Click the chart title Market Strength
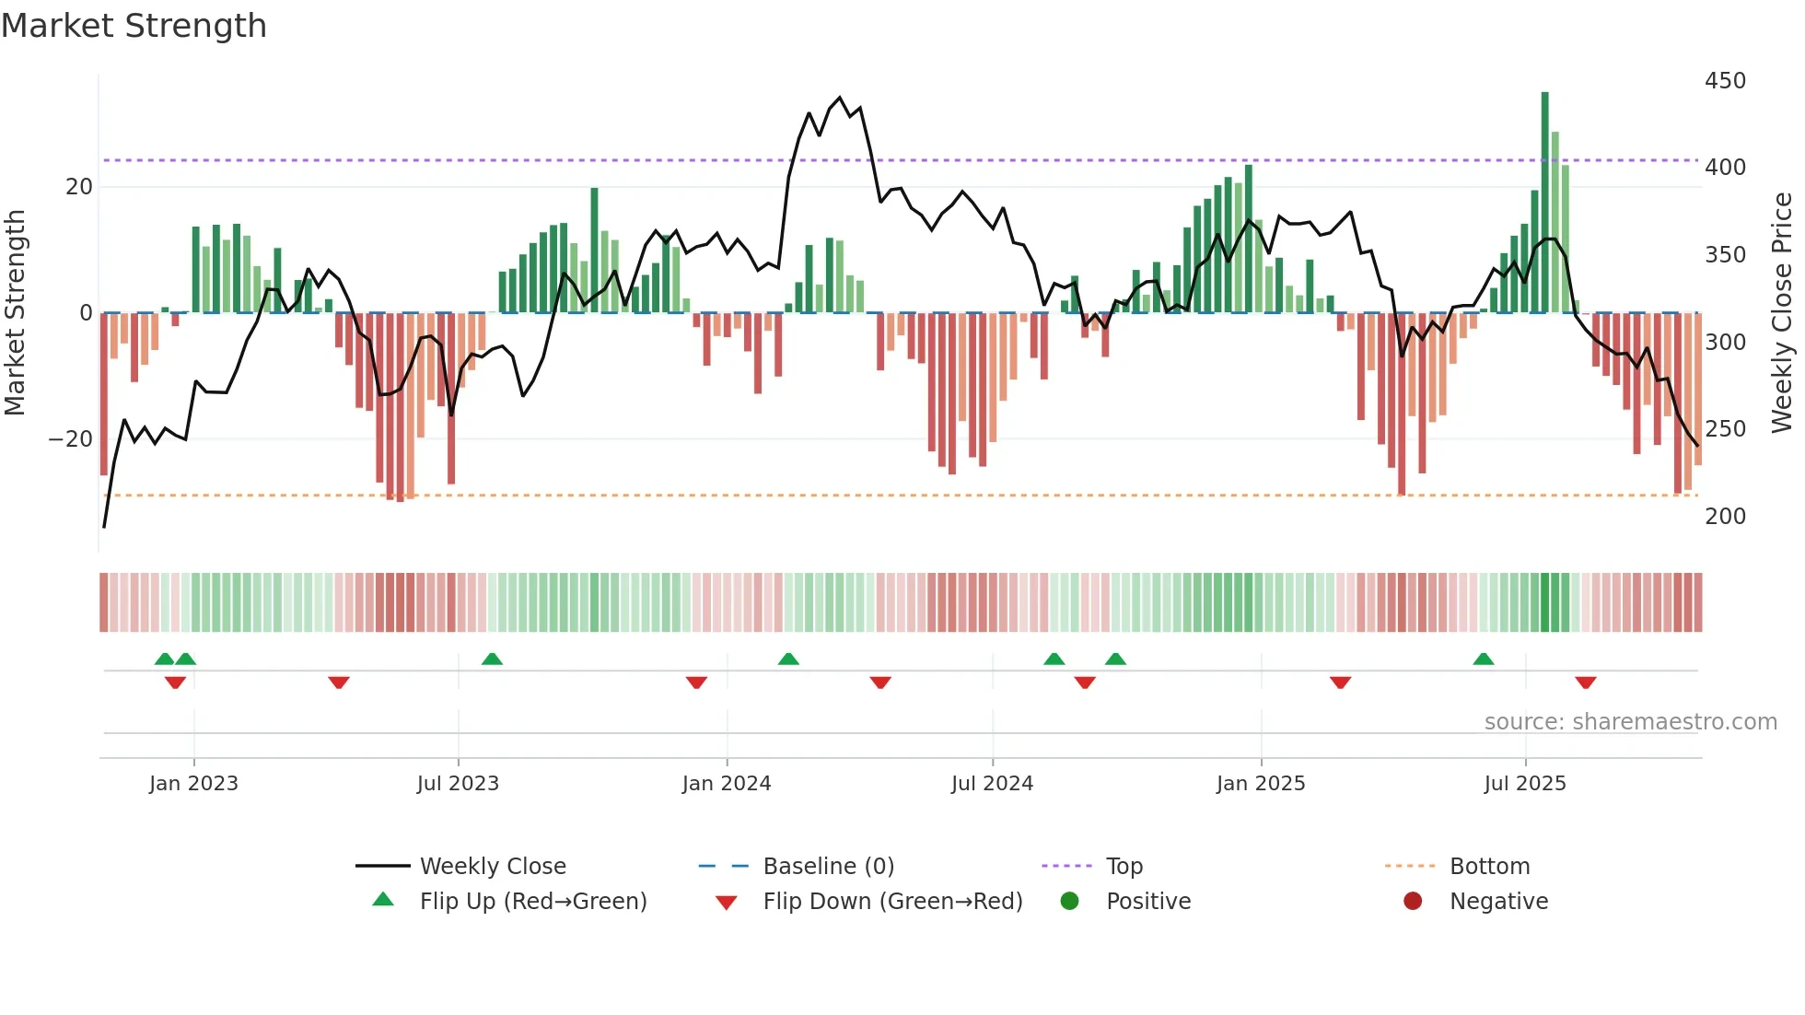pyautogui.click(x=134, y=26)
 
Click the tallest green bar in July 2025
pyautogui.click(x=1544, y=203)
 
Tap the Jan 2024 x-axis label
pyautogui.click(x=726, y=784)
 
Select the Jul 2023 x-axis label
pyautogui.click(x=458, y=784)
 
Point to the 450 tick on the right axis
pyautogui.click(x=1725, y=81)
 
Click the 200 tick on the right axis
pyautogui.click(x=1725, y=517)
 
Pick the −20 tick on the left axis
pyautogui.click(x=71, y=439)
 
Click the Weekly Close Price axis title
pyautogui.click(x=1782, y=312)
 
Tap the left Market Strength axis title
pyautogui.click(x=15, y=312)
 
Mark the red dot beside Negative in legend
pyautogui.click(x=1413, y=902)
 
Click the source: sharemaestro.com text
pyautogui.click(x=1630, y=722)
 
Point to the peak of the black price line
pyautogui.click(x=839, y=98)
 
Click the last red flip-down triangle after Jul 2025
pyautogui.click(x=1585, y=682)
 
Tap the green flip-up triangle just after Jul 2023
pyautogui.click(x=492, y=659)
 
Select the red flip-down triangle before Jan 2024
pyautogui.click(x=696, y=682)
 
